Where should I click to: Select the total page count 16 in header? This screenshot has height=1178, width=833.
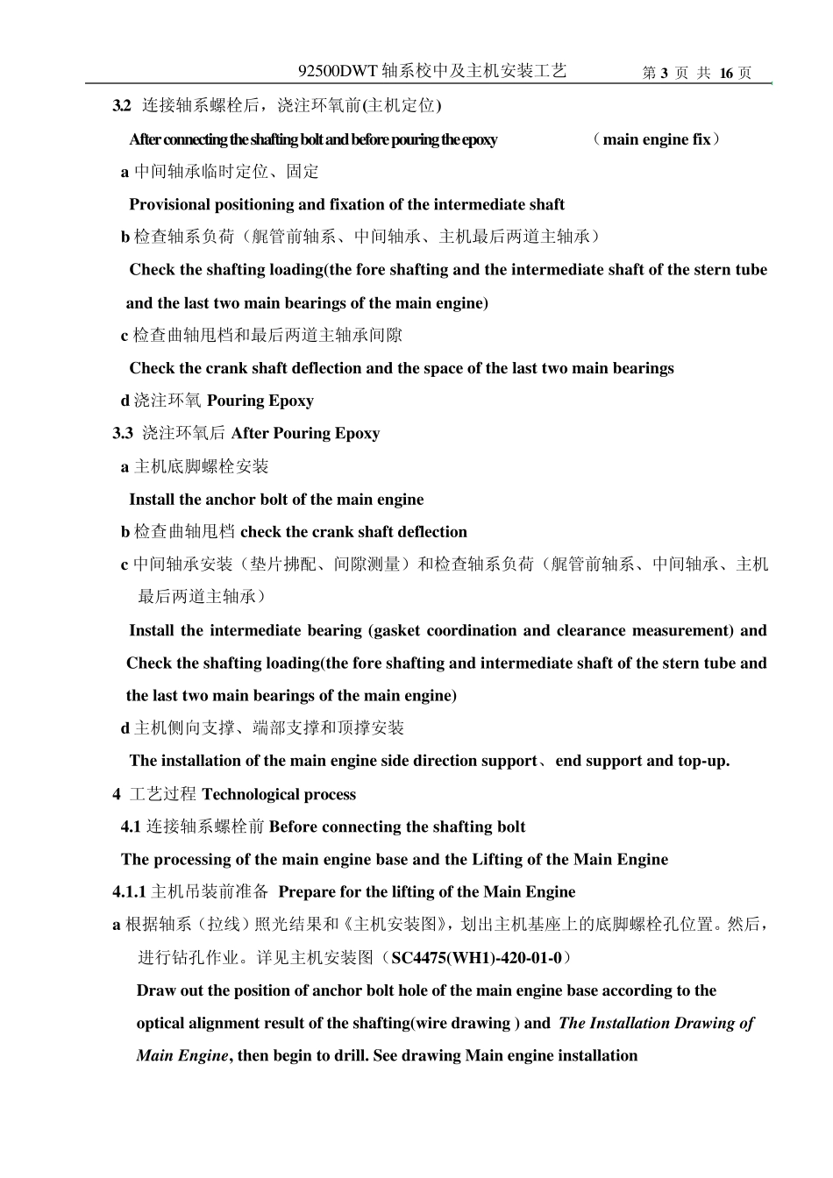pyautogui.click(x=726, y=74)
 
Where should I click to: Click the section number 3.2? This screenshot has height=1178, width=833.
pyautogui.click(x=122, y=106)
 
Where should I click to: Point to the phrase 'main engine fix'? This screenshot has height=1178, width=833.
pyautogui.click(x=657, y=139)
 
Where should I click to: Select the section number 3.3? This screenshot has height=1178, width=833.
pyautogui.click(x=123, y=434)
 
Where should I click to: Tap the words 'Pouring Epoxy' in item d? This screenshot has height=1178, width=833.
pyautogui.click(x=260, y=401)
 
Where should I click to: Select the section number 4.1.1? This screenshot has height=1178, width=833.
pyautogui.click(x=129, y=892)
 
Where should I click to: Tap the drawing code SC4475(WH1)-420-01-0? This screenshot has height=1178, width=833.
pyautogui.click(x=476, y=958)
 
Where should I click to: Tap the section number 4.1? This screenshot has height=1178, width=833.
pyautogui.click(x=131, y=827)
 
